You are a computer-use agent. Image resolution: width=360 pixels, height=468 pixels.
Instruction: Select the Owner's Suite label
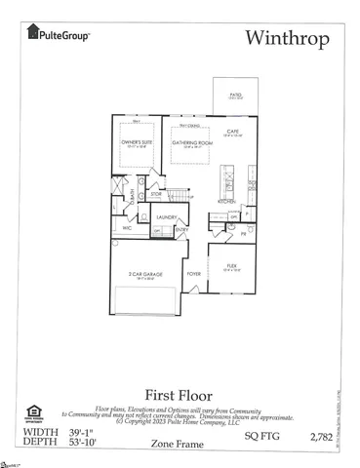(133, 142)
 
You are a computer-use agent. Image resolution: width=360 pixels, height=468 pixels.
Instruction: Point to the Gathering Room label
(191, 142)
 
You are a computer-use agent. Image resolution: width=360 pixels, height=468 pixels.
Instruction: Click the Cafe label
(234, 132)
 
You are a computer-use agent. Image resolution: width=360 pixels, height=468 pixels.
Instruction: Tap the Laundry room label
(165, 217)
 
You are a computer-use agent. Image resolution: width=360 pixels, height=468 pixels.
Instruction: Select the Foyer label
(194, 275)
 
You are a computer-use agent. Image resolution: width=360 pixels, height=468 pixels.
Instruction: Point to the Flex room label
(233, 264)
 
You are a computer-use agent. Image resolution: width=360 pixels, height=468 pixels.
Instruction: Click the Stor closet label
(156, 195)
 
